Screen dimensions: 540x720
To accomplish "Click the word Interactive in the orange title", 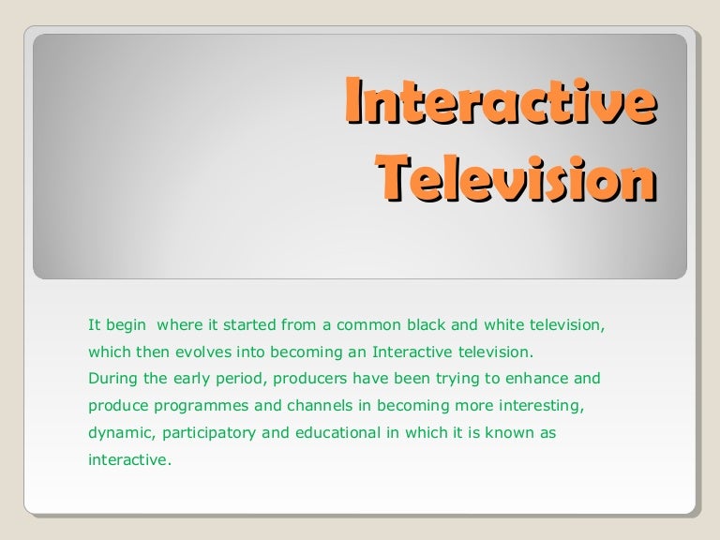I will [498, 103].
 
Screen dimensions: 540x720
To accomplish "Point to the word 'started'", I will [241, 326].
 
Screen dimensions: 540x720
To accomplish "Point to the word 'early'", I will [185, 380].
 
